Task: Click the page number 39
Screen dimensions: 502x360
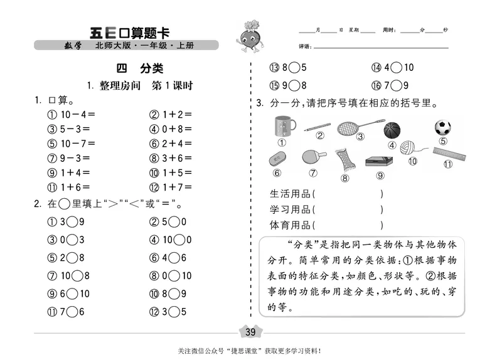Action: tap(251, 332)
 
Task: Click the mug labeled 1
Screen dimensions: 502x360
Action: tap(282, 127)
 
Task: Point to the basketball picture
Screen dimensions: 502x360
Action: tap(392, 130)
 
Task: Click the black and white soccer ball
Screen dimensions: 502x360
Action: tap(443, 128)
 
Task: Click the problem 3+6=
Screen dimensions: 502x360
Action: tap(171, 158)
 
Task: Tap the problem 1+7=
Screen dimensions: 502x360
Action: tap(171, 187)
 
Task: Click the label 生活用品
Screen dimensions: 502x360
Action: tap(292, 194)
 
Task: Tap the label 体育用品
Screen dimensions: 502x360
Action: tap(292, 224)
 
